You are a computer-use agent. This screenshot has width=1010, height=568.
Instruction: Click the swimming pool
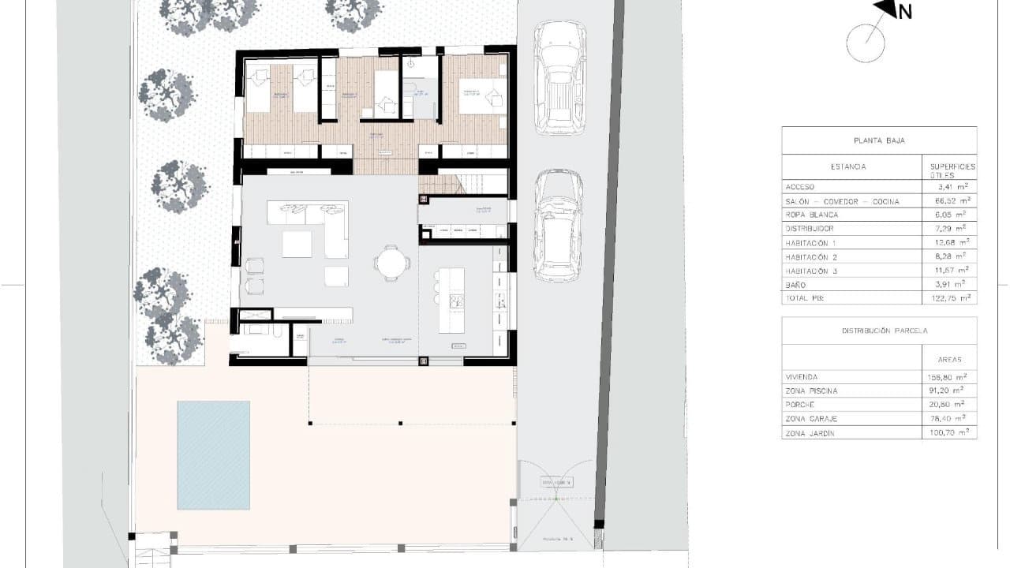(x=213, y=455)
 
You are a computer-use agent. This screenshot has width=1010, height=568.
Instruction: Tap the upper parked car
(x=559, y=77)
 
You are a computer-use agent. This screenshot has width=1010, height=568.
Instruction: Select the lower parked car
(x=559, y=226)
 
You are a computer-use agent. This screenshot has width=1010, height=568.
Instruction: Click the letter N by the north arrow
(x=905, y=12)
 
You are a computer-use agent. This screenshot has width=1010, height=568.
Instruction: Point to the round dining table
(x=391, y=263)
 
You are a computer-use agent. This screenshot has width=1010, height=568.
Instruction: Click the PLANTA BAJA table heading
(x=878, y=140)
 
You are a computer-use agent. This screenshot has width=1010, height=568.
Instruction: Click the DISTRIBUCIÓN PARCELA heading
(x=878, y=331)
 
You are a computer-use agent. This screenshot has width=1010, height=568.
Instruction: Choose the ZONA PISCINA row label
(x=811, y=391)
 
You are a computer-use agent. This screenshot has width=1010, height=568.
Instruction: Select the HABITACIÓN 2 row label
(x=817, y=257)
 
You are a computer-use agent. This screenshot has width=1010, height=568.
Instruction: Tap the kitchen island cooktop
(x=456, y=300)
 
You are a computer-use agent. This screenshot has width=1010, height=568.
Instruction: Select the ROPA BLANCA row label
(x=811, y=215)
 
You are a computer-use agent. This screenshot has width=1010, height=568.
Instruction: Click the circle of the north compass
(x=866, y=43)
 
